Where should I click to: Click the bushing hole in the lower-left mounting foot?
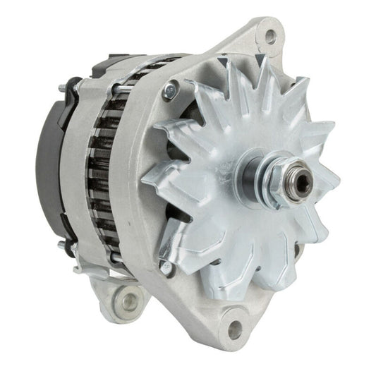[x=127, y=303]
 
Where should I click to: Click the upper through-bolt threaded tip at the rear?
[x=62, y=88]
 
